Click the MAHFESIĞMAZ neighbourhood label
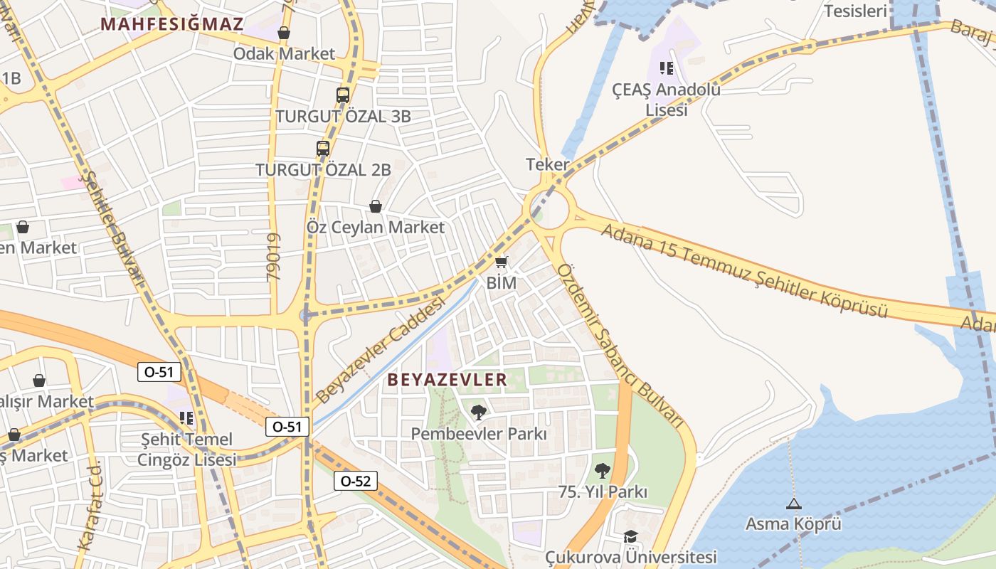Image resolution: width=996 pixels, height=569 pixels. click(x=171, y=23)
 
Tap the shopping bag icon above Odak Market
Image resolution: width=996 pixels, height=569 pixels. click(x=284, y=33)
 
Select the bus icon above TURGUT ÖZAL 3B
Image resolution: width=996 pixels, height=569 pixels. click(x=343, y=95)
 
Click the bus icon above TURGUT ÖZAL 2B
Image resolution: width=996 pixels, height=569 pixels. click(x=323, y=149)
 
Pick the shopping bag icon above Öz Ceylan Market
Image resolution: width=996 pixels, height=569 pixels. click(x=375, y=206)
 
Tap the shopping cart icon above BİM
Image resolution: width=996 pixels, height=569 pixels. click(x=502, y=262)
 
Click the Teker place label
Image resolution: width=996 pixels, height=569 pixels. click(x=548, y=164)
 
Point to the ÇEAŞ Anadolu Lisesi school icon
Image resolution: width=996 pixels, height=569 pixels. click(x=667, y=68)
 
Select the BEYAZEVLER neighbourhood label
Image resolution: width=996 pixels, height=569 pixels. click(x=447, y=380)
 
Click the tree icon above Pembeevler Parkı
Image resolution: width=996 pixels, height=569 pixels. click(x=479, y=412)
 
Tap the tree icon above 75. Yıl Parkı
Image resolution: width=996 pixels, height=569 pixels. click(x=603, y=470)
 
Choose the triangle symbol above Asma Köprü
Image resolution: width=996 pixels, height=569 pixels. click(x=793, y=504)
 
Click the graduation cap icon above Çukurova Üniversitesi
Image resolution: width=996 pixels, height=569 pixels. click(x=630, y=536)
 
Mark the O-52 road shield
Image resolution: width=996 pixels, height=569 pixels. click(x=355, y=481)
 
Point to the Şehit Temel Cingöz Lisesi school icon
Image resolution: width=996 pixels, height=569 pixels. click(x=186, y=418)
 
